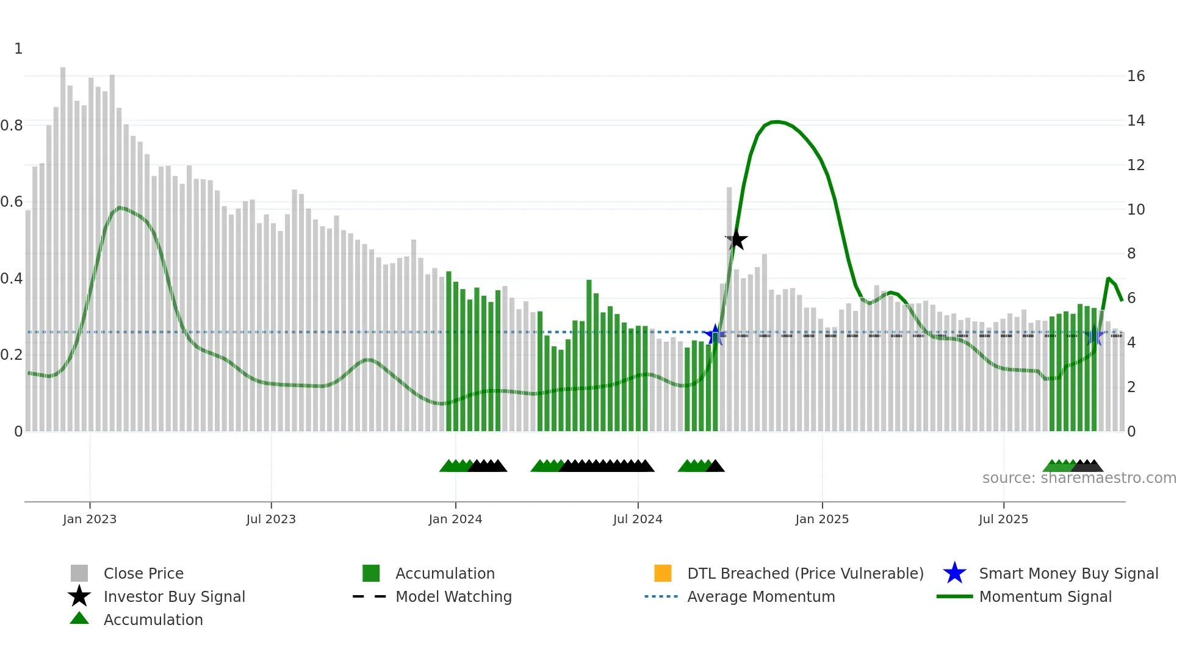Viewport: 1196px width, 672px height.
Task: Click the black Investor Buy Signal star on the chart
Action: pyautogui.click(x=737, y=240)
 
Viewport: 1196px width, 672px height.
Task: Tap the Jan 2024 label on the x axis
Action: pyautogui.click(x=455, y=519)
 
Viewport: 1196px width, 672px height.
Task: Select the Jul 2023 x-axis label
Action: pyautogui.click(x=271, y=519)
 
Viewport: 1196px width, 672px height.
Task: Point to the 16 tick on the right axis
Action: pyautogui.click(x=1136, y=76)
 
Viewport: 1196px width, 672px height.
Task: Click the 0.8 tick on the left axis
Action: pyautogui.click(x=12, y=126)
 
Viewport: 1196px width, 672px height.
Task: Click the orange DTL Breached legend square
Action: pyautogui.click(x=663, y=573)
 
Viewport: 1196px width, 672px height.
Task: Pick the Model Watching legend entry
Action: pyautogui.click(x=453, y=596)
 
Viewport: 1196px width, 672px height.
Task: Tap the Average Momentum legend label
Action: pyautogui.click(x=761, y=596)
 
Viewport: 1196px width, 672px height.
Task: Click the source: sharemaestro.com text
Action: pyautogui.click(x=1079, y=478)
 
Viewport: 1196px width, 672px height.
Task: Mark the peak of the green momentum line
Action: pyautogui.click(x=776, y=122)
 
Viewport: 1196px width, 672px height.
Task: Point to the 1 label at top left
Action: pyautogui.click(x=18, y=49)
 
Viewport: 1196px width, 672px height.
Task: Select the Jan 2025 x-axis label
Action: pyautogui.click(x=822, y=519)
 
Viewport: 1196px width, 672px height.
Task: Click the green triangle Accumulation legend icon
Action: pyautogui.click(x=79, y=618)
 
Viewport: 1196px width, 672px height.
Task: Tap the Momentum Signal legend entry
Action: pyautogui.click(x=1045, y=596)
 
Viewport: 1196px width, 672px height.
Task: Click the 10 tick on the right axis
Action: pyautogui.click(x=1136, y=209)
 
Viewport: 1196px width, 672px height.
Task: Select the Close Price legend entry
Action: pyautogui.click(x=143, y=573)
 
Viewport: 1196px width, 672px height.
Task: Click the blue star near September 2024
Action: pyautogui.click(x=715, y=335)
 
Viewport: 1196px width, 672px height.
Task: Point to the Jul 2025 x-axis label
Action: pyautogui.click(x=1003, y=519)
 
